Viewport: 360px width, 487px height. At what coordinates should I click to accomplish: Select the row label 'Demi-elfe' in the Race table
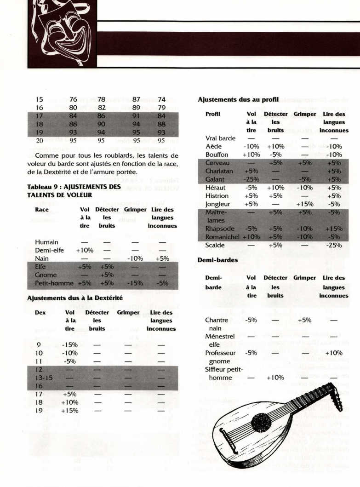49,250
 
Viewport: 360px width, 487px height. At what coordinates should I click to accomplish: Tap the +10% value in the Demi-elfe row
85,250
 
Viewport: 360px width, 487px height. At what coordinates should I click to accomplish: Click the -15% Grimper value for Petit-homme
134,283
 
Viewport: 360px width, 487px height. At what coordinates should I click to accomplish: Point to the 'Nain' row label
42,258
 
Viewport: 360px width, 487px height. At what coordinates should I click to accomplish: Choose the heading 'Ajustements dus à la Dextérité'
75,298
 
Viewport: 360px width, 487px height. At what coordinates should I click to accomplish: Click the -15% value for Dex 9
69,344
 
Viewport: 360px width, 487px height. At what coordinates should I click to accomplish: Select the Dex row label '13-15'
44,378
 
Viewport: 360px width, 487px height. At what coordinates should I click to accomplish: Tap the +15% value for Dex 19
69,411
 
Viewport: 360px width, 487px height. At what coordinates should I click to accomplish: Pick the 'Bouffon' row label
217,155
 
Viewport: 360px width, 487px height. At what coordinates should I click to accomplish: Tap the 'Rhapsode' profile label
220,229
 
